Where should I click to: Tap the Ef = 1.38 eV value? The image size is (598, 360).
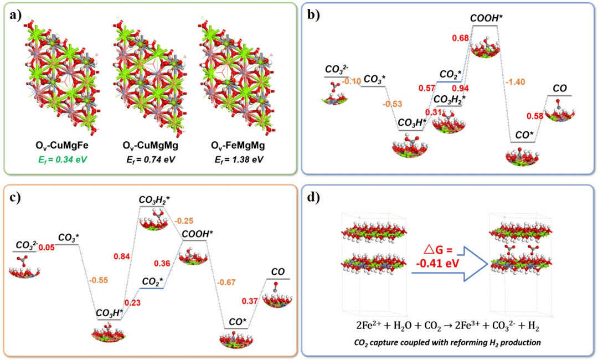(237, 160)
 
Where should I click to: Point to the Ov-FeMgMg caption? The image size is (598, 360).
(237, 147)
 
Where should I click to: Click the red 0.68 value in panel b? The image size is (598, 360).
(460, 38)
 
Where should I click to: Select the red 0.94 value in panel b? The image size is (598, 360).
(461, 88)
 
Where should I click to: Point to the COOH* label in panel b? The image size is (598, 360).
(486, 18)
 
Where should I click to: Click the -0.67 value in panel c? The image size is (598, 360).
(227, 282)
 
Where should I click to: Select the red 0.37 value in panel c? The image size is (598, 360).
(251, 300)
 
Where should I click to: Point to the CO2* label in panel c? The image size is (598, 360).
(152, 282)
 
